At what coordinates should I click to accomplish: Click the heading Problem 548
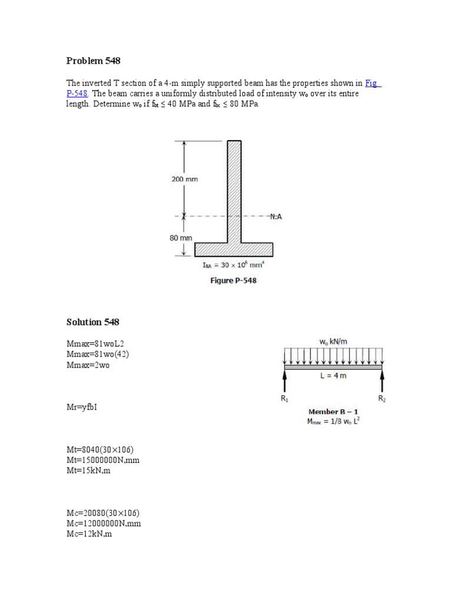click(94, 61)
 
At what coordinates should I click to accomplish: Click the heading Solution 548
click(93, 322)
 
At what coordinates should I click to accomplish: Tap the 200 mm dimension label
click(185, 180)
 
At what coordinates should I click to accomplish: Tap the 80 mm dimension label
click(182, 238)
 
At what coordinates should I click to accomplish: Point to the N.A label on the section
click(275, 217)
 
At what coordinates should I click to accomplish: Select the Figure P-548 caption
click(234, 281)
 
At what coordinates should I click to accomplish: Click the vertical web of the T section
click(234, 188)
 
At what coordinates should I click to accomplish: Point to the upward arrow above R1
click(285, 382)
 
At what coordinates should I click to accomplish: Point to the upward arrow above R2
click(383, 382)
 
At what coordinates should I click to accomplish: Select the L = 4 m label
click(334, 376)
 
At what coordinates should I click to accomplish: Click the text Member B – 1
click(334, 411)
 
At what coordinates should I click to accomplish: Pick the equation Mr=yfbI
click(82, 407)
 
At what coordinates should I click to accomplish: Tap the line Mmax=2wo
click(88, 365)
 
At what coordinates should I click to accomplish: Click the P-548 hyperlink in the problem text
click(78, 94)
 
